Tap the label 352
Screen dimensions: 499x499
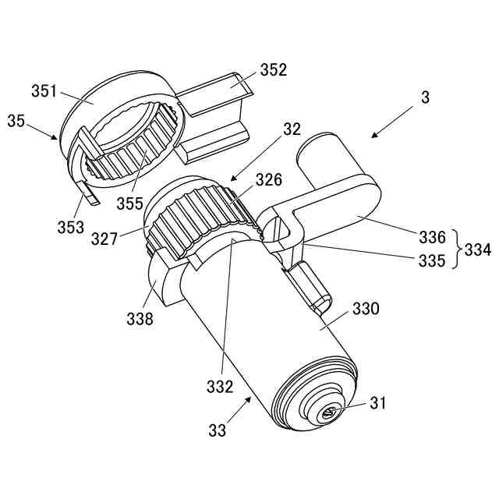point(274,69)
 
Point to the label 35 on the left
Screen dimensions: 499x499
point(16,120)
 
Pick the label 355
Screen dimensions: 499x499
point(129,204)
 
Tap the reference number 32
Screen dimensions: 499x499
point(291,130)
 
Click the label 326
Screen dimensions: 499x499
point(268,180)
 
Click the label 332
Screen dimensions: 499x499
point(221,385)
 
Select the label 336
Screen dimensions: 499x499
point(431,235)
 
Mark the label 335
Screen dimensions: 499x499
point(431,260)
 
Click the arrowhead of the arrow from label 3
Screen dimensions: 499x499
point(371,137)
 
